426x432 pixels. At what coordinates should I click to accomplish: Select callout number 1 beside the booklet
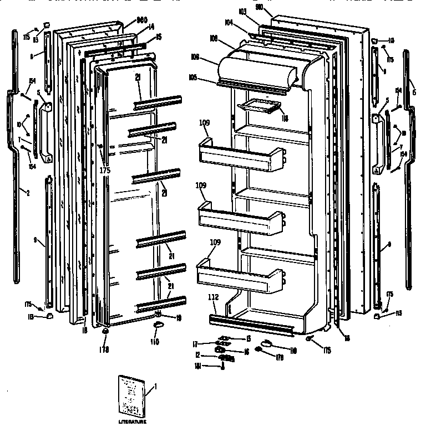pos(156,386)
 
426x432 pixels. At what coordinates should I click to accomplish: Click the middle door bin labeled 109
pos(240,219)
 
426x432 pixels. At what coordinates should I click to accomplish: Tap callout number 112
pos(214,297)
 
